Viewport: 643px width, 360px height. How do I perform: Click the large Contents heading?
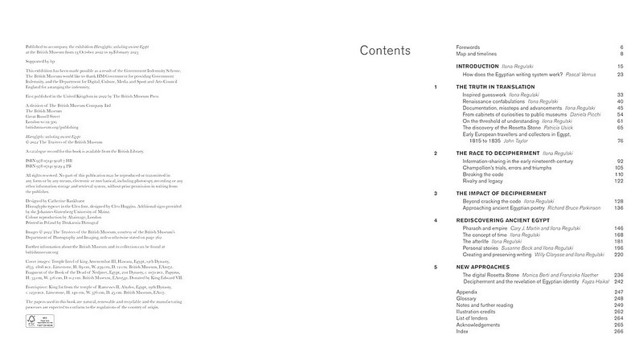pyautogui.click(x=385, y=51)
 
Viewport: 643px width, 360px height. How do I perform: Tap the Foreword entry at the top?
pyautogui.click(x=470, y=47)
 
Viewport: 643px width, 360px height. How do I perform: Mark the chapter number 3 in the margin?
pyautogui.click(x=435, y=194)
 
